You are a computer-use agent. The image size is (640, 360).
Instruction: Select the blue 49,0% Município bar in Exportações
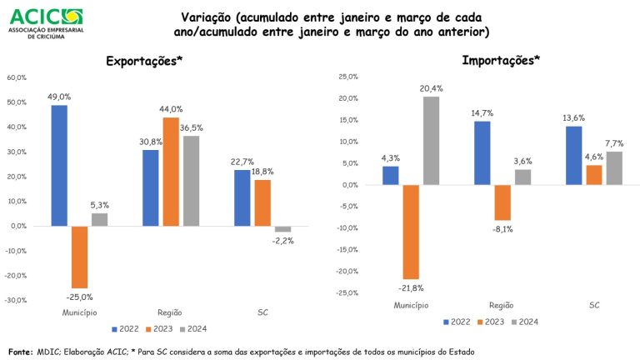pyautogui.click(x=59, y=165)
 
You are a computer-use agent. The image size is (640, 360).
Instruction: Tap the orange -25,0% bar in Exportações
pyautogui.click(x=79, y=257)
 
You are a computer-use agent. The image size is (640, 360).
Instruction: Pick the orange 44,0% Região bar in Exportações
pyautogui.click(x=171, y=172)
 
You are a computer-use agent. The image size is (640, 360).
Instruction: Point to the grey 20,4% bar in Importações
pyautogui.click(x=431, y=141)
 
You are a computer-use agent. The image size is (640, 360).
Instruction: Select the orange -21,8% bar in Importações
pyautogui.click(x=411, y=232)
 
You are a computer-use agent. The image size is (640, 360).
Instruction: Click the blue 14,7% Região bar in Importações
pyautogui.click(x=482, y=152)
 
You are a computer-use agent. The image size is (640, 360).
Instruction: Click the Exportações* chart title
pyautogui.click(x=144, y=62)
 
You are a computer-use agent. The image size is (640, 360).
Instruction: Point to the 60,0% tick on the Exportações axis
pyautogui.click(x=17, y=77)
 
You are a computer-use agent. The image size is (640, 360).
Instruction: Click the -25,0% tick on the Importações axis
pyautogui.click(x=347, y=292)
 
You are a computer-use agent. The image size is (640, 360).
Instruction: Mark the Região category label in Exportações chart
pyautogui.click(x=171, y=312)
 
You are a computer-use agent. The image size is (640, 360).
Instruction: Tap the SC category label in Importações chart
pyautogui.click(x=594, y=306)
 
